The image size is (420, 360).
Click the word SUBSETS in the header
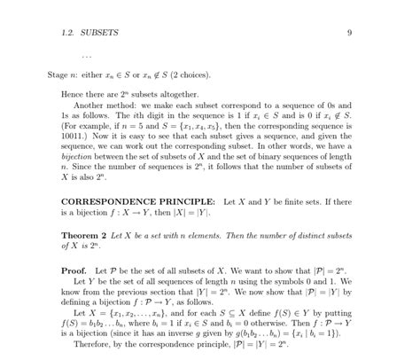tap(98, 33)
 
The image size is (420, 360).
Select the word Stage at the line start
tap(58, 76)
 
